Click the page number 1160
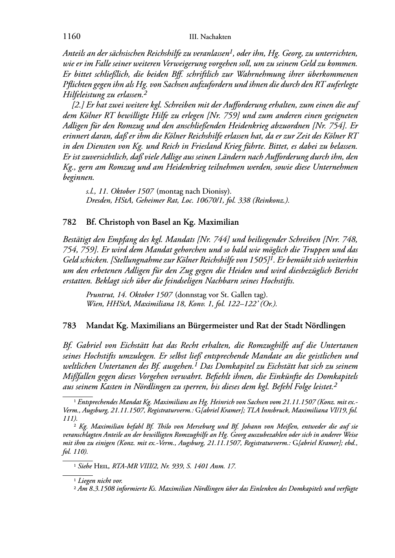72,37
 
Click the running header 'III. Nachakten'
210,37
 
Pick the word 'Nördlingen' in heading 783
325,326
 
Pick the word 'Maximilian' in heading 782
219,222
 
